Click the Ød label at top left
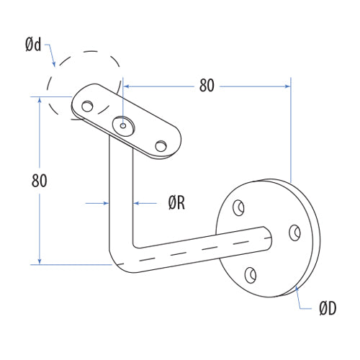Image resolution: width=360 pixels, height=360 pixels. point(32,45)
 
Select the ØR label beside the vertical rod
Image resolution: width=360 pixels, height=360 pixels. point(176,204)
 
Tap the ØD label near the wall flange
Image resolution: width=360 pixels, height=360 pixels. point(328,309)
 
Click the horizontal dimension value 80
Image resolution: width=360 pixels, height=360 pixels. point(207,86)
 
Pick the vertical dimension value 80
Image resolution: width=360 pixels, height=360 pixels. point(40,181)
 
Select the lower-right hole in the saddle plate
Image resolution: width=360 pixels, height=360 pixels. point(160,147)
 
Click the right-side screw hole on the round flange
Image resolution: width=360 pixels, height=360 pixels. point(294,233)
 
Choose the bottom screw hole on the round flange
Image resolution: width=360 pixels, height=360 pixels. point(250,274)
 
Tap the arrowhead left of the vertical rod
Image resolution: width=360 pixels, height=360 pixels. point(105,204)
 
